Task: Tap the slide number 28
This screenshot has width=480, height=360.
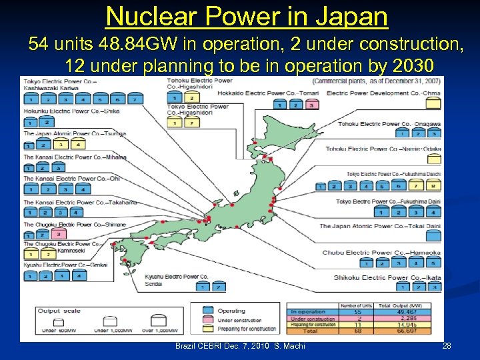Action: point(447,346)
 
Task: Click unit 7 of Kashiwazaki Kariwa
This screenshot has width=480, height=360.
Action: point(135,99)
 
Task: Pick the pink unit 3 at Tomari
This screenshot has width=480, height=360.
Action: point(311,105)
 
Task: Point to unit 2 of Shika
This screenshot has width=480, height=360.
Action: point(45,122)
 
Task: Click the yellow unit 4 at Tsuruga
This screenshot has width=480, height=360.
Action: point(77,145)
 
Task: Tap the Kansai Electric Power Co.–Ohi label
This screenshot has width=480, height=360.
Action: point(72,179)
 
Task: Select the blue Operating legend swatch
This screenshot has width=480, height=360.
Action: point(203,310)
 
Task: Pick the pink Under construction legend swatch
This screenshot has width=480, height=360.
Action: point(203,320)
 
